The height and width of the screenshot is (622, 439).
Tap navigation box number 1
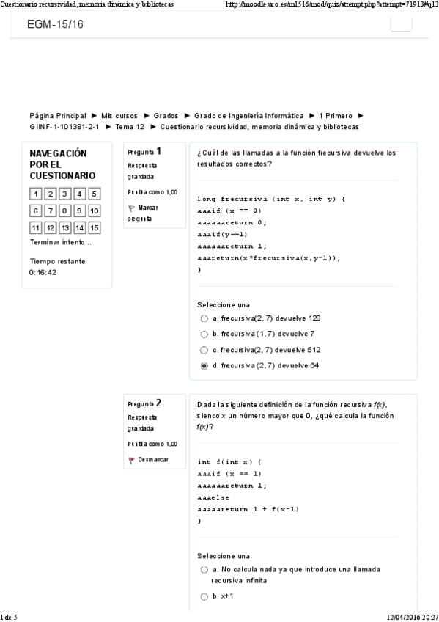[35, 194]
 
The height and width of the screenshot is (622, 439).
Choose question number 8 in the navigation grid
[64, 211]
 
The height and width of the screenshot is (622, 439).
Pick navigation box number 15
[94, 227]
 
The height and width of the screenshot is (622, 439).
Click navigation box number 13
[64, 227]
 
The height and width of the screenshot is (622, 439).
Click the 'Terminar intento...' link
[60, 242]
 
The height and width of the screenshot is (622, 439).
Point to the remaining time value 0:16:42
[43, 272]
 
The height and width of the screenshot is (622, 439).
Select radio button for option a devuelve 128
[204, 319]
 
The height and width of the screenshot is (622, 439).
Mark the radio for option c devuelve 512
[204, 350]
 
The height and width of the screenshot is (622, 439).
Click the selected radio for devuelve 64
[204, 365]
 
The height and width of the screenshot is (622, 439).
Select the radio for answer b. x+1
[204, 596]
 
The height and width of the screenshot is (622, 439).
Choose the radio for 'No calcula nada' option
[204, 569]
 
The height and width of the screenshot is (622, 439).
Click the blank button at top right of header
[401, 24]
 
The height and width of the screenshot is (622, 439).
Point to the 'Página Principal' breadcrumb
[57, 116]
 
